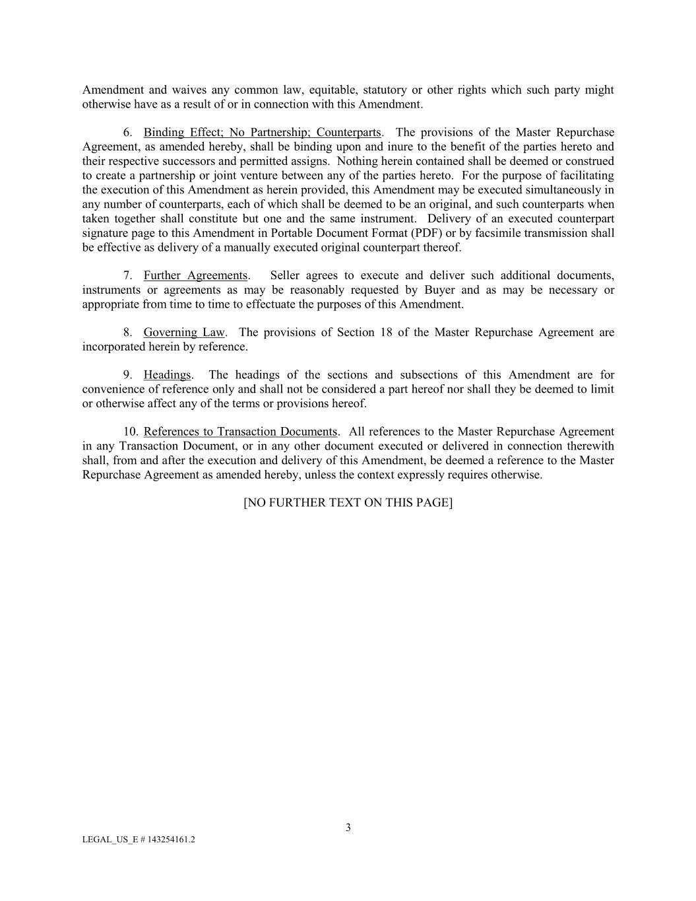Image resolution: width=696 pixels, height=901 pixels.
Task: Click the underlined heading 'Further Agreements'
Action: point(195,275)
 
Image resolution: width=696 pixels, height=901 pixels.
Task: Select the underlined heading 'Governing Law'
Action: point(183,332)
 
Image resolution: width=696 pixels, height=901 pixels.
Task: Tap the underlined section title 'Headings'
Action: point(167,375)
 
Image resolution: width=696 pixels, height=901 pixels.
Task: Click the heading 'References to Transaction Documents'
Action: point(240,432)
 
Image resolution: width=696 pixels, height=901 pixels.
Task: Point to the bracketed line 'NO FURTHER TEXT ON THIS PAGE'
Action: point(348,502)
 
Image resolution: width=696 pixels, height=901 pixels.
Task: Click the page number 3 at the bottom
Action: point(348,828)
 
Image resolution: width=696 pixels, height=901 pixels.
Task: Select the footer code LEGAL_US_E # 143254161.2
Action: point(139,840)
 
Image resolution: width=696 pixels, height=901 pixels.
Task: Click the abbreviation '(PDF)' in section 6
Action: point(426,233)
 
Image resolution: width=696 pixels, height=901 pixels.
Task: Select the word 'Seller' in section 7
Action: point(286,275)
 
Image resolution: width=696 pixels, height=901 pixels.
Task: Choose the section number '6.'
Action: point(128,132)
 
